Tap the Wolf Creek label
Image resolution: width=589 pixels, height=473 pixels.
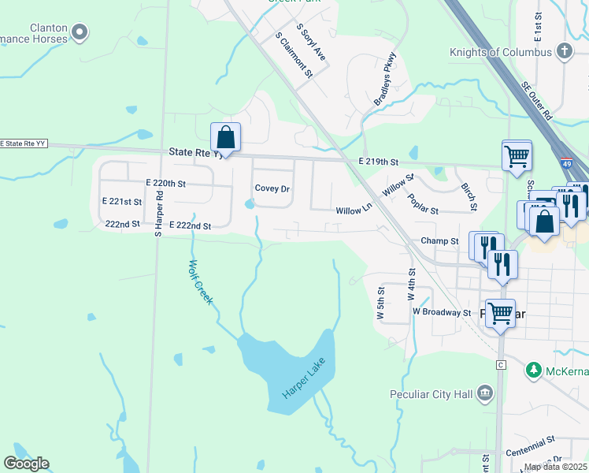click(x=199, y=281)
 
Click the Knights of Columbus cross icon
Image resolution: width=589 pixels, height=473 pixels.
click(x=564, y=52)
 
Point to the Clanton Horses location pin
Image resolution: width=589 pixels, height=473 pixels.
click(x=79, y=32)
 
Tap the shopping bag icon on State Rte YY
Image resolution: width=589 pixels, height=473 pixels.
click(x=225, y=138)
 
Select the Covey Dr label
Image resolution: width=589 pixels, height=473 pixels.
click(x=272, y=189)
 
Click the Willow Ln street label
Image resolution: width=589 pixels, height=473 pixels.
click(x=354, y=210)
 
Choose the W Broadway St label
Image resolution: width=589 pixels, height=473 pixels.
click(x=442, y=312)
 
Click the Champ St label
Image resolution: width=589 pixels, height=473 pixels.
click(x=439, y=241)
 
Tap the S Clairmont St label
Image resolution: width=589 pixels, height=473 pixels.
click(x=294, y=55)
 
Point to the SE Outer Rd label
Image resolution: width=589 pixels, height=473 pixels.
click(x=538, y=101)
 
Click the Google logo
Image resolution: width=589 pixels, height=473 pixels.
click(x=26, y=464)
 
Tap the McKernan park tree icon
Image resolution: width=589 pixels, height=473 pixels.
click(x=533, y=369)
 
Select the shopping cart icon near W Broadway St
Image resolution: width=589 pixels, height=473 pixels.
click(x=500, y=313)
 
